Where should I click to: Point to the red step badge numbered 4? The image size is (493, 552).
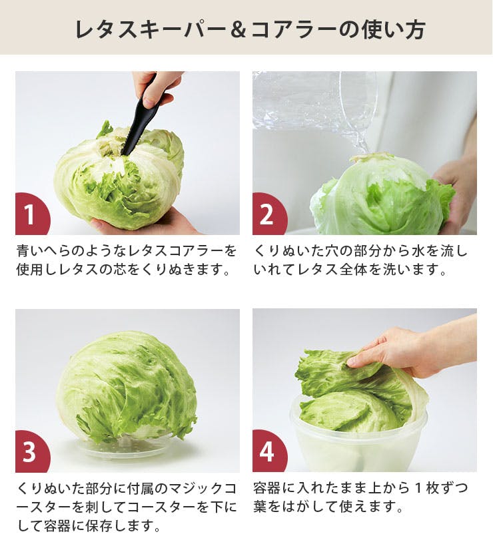[x=268, y=452]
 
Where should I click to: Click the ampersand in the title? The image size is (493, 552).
[x=239, y=29]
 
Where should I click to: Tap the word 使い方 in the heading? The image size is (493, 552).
[x=391, y=29]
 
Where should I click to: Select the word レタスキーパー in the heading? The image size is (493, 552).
[x=151, y=29]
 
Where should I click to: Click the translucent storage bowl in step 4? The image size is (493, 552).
[x=358, y=440]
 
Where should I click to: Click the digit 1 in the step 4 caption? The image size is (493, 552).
[x=418, y=488]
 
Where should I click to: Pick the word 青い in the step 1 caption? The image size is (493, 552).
[x=30, y=251]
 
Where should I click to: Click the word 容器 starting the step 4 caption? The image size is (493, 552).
[x=267, y=488]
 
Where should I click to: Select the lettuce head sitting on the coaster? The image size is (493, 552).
[x=126, y=388]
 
